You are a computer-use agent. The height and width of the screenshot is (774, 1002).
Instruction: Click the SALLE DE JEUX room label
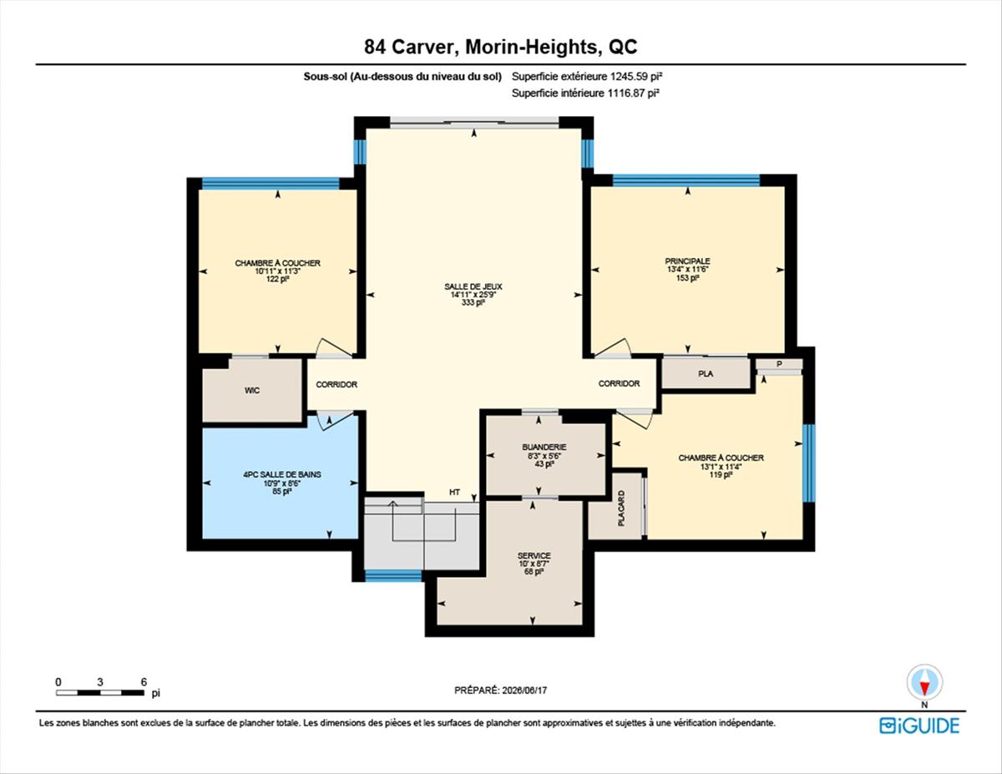473,286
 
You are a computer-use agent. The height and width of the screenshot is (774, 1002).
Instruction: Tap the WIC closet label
252,391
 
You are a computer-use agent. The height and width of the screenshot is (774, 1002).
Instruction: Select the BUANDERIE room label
544,448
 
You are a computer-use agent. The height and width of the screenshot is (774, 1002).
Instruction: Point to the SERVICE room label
534,556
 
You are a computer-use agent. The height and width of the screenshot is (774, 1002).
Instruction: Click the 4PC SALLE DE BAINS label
282,474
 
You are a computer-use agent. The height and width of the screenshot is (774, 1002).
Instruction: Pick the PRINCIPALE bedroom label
687,261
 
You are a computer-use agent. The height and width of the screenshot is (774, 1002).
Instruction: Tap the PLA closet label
706,374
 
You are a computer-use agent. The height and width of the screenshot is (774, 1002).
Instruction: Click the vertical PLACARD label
621,508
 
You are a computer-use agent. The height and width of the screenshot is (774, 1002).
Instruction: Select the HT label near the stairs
455,493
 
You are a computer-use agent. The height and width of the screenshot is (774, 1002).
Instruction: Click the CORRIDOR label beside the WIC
337,384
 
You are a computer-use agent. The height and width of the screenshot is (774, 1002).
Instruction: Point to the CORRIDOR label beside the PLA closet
619,383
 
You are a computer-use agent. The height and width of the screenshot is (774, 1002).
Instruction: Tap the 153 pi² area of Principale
687,278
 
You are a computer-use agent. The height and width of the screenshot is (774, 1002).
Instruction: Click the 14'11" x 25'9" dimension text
473,295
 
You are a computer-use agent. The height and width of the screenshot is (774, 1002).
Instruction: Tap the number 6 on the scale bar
144,682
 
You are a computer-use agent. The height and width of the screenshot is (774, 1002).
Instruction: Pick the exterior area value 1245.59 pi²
636,77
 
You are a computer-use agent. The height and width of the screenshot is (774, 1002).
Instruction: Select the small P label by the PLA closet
779,364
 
